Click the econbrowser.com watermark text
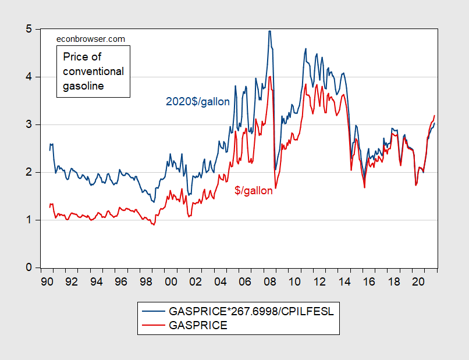pos(90,39)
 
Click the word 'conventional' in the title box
pos(93,72)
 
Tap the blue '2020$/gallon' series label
pos(198,101)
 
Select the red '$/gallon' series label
pos(254,190)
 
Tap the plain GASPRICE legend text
pos(198,326)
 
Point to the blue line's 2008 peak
pos(269,31)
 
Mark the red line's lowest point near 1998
pos(154,224)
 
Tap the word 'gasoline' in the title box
pos(83,86)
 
